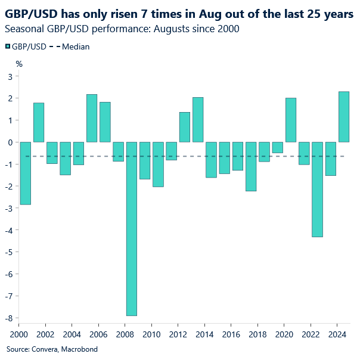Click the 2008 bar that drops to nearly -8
pos(131,228)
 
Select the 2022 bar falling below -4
pos(317,189)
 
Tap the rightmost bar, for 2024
pos(344,117)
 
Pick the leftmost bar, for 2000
pos(25,173)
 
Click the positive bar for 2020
pos(291,120)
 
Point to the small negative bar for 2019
pos(277,147)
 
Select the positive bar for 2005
pos(92,118)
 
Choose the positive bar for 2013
pos(198,119)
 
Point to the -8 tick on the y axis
pos(10,318)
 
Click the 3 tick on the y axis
pos(10,76)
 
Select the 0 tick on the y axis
pos(10,142)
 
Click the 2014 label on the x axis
pos(205,334)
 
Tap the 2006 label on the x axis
pos(99,334)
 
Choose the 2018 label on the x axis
pos(258,334)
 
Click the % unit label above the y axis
pos(19,63)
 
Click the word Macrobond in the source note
pos(79,349)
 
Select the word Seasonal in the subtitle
pos(24,29)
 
